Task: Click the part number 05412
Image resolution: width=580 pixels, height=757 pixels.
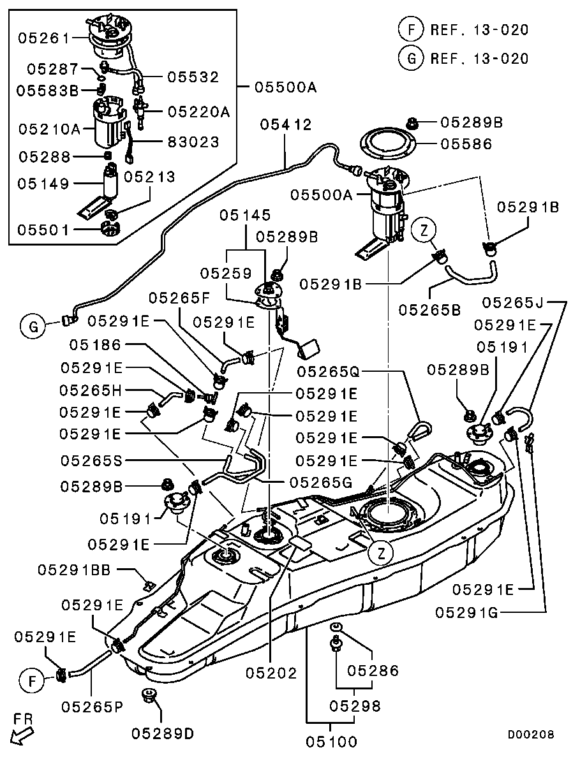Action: (285, 125)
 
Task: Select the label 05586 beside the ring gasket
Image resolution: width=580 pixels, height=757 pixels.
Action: (466, 145)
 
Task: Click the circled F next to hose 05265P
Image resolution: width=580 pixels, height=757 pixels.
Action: (29, 680)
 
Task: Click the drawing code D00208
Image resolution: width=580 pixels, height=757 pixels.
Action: (530, 735)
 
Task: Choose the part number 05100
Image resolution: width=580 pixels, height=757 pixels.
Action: (331, 742)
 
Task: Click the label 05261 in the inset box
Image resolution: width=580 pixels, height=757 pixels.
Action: (43, 38)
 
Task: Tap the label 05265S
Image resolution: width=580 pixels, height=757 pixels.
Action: (91, 459)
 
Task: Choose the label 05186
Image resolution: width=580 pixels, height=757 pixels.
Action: (96, 345)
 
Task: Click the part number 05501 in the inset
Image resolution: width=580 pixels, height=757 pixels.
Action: (43, 229)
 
